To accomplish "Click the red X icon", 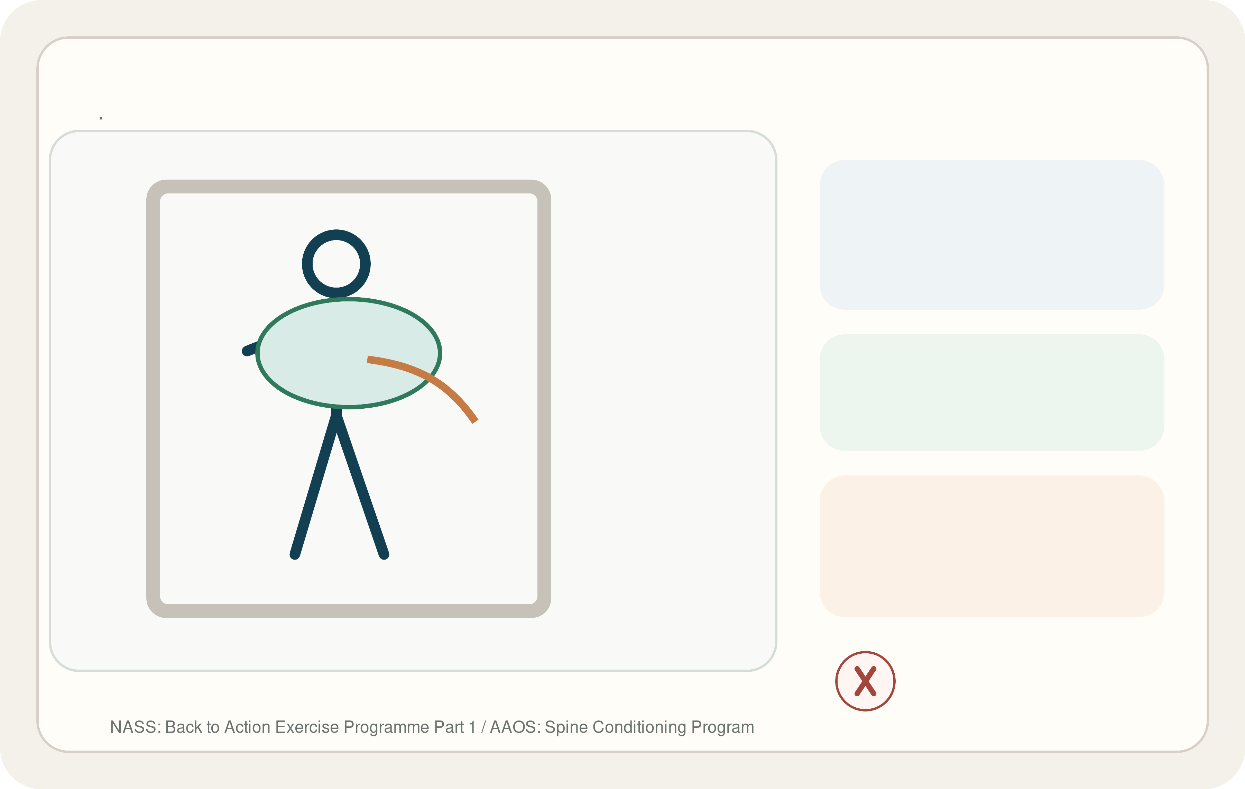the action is point(865,681).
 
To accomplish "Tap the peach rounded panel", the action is point(992,546).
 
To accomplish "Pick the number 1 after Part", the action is point(471,727).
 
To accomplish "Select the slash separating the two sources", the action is point(483,727).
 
